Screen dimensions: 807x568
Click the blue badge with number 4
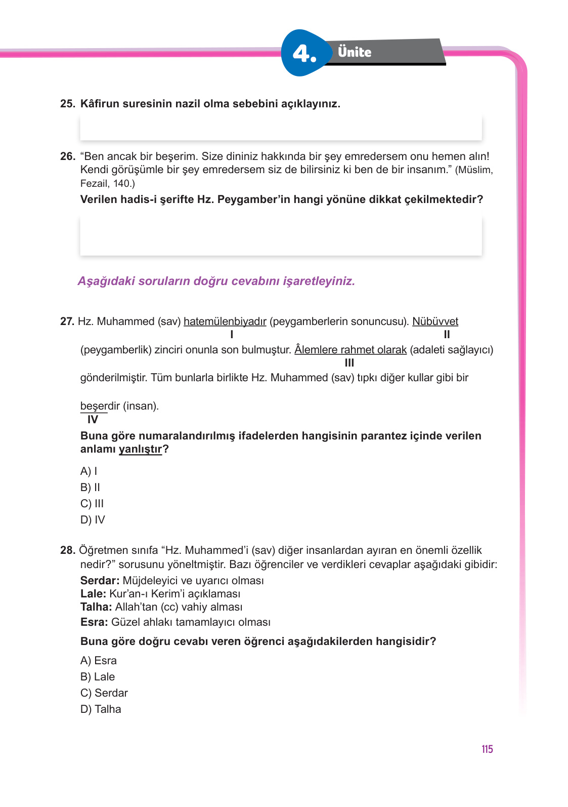[x=304, y=53]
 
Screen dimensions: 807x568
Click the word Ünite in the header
[x=355, y=52]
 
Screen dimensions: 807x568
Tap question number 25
[x=67, y=104]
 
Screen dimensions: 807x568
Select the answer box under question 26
[x=281, y=235]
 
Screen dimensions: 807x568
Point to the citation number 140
[x=122, y=184]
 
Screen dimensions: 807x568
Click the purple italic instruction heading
[x=216, y=281]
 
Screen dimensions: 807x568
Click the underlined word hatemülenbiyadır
[x=225, y=321]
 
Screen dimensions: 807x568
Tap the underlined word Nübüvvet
[x=435, y=321]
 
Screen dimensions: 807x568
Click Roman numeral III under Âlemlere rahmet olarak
[x=349, y=363]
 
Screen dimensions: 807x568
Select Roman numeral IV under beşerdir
[x=93, y=420]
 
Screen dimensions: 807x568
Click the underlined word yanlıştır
[x=140, y=450]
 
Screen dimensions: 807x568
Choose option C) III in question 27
[x=92, y=504]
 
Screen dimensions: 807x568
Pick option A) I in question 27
[x=89, y=471]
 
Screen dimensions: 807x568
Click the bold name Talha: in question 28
[x=96, y=607]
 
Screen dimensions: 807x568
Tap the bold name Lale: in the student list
[x=93, y=594]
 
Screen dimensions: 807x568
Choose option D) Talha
[x=101, y=709]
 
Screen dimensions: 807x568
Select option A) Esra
[x=99, y=661]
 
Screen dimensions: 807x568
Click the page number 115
[x=487, y=749]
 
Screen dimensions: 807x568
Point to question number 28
[x=67, y=550]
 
